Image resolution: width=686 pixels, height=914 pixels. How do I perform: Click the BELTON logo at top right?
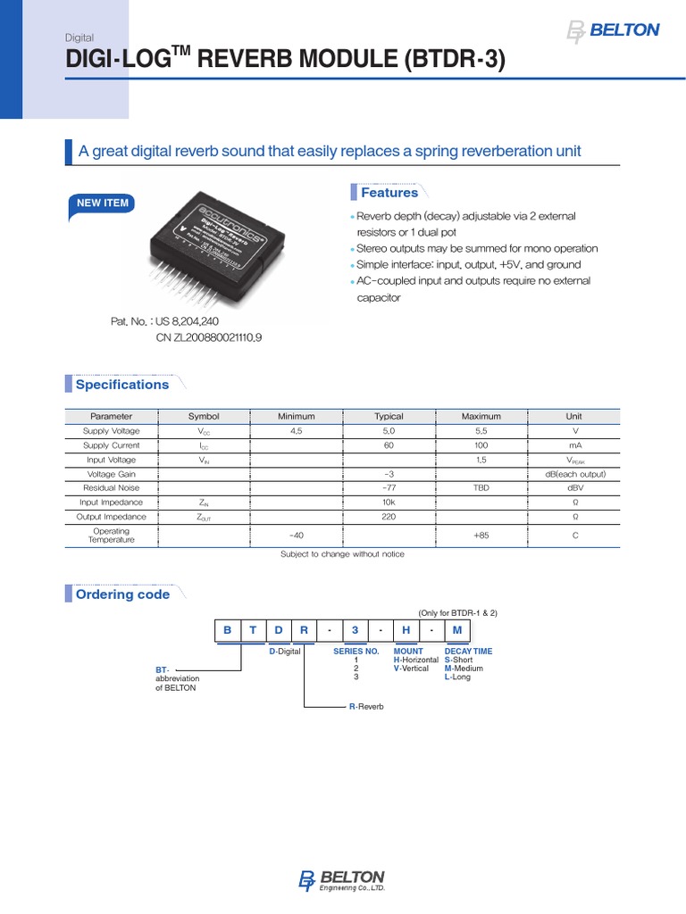[614, 31]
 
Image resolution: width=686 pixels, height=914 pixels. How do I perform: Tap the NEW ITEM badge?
[103, 204]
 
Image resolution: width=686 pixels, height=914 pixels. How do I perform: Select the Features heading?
[389, 193]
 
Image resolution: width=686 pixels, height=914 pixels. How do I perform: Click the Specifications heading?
[121, 385]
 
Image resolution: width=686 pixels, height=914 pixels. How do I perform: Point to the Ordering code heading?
[122, 594]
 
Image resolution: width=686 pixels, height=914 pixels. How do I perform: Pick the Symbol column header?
[204, 416]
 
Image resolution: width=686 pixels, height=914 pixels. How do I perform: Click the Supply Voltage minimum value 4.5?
[297, 431]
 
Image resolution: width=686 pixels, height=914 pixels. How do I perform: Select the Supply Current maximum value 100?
[481, 445]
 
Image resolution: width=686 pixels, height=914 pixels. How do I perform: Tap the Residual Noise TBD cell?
[481, 488]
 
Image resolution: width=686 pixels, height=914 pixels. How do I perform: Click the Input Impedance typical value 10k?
[389, 503]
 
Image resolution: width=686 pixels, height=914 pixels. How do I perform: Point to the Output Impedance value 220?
[389, 517]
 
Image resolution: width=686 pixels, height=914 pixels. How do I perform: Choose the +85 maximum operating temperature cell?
[481, 536]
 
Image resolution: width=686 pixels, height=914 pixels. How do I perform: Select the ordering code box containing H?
[406, 630]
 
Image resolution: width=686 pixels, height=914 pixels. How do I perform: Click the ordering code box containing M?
[457, 630]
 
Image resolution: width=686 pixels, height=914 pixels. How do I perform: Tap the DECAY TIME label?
[468, 652]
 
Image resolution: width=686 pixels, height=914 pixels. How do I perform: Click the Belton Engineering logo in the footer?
[342, 879]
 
